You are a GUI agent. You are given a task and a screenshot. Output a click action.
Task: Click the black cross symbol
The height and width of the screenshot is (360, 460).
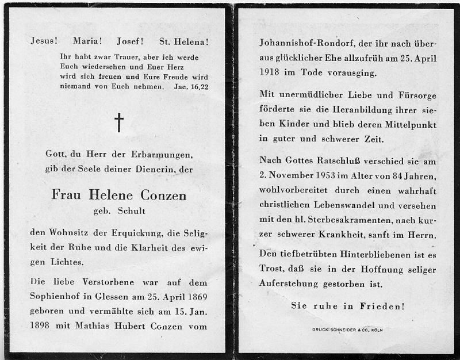pyautogui.click(x=119, y=122)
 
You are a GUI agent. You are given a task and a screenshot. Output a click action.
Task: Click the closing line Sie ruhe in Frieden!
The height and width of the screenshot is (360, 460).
pyautogui.click(x=347, y=307)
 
